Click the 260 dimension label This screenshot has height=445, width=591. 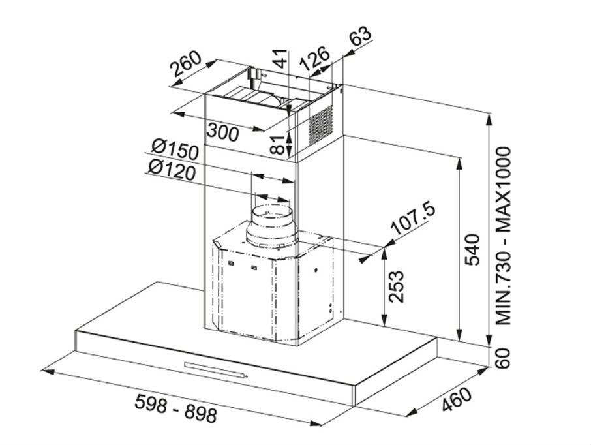186,63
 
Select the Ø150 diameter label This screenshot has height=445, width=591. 175,149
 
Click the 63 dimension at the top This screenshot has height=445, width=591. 360,36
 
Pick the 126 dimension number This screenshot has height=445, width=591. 315,59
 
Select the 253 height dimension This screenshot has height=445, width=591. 396,286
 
